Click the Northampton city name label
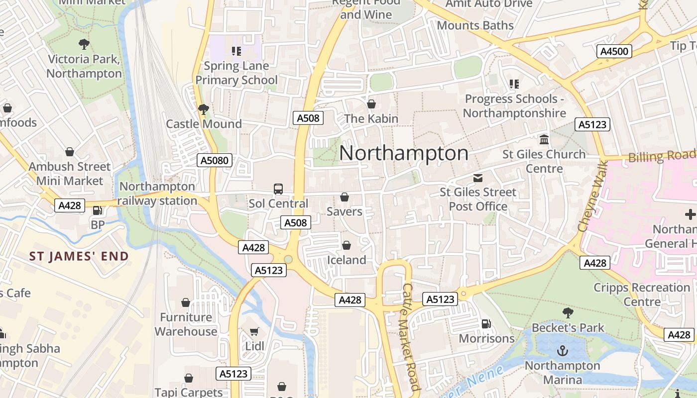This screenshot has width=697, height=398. pos(404,153)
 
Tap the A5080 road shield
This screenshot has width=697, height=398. pos(215,160)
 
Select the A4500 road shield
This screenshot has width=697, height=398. pos(614,51)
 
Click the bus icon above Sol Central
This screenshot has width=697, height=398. pos(278,189)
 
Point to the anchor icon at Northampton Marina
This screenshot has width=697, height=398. pos(562,351)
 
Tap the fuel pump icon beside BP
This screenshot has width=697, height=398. pos(98,210)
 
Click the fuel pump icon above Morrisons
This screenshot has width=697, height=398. pos(486,324)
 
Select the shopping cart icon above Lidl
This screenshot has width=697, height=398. pos(254,331)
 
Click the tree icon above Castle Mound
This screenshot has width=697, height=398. pos(203,109)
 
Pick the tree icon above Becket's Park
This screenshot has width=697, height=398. pos(568,313)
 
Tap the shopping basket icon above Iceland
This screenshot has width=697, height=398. pos(347,245)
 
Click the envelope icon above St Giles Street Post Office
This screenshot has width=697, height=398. pos(478,178)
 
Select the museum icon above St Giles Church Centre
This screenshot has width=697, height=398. pos(544,139)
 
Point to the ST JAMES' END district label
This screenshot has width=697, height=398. pos(79,257)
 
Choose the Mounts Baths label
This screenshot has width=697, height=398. pos(475,25)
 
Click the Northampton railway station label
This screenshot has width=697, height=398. pos(158,194)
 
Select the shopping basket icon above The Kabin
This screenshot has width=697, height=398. pos(371,104)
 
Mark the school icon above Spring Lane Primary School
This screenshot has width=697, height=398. pos(236,51)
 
